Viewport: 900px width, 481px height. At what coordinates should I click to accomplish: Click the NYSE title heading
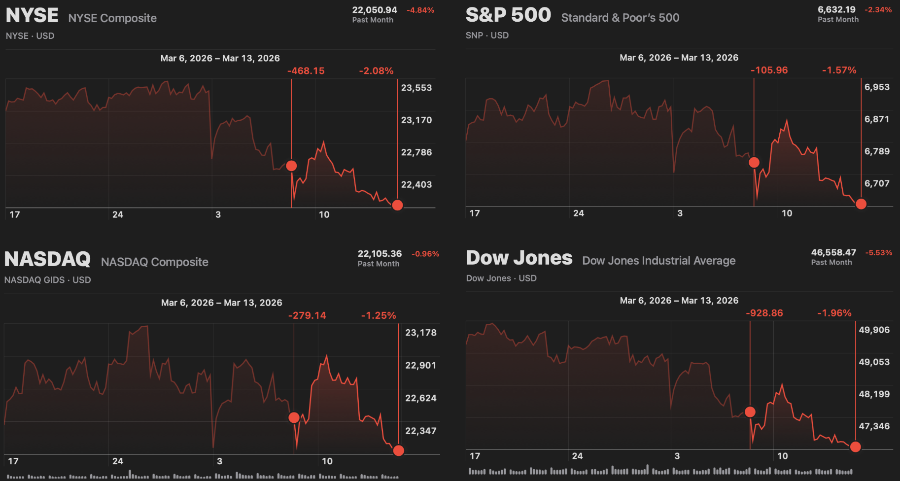pyautogui.click(x=32, y=16)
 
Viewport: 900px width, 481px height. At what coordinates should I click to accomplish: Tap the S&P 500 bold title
pyautogui.click(x=508, y=15)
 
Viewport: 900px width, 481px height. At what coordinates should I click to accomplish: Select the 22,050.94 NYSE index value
pyautogui.click(x=374, y=10)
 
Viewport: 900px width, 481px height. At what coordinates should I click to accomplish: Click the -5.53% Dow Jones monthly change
pyautogui.click(x=878, y=253)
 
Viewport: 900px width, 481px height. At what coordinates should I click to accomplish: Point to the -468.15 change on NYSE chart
pyautogui.click(x=306, y=71)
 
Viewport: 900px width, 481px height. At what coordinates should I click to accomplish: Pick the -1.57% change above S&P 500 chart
pyautogui.click(x=839, y=70)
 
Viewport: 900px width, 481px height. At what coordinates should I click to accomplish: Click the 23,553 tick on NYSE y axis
pyautogui.click(x=416, y=88)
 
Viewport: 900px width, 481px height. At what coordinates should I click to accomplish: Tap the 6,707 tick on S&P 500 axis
pyautogui.click(x=877, y=183)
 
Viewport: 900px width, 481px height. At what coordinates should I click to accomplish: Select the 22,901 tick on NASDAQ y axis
pyautogui.click(x=420, y=365)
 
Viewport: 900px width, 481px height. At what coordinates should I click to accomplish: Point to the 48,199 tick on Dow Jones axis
pyautogui.click(x=874, y=394)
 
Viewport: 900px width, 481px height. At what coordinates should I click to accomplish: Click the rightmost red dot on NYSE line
pyautogui.click(x=397, y=205)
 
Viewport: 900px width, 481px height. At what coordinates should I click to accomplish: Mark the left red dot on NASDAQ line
pyautogui.click(x=294, y=417)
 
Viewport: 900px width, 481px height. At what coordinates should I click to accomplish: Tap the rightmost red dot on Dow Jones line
pyautogui.click(x=856, y=447)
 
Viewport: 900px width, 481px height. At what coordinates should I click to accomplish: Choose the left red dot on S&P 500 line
pyautogui.click(x=754, y=162)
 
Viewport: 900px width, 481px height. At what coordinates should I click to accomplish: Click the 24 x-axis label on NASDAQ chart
pyautogui.click(x=118, y=461)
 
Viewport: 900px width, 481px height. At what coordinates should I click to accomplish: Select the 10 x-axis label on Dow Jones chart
pyautogui.click(x=783, y=456)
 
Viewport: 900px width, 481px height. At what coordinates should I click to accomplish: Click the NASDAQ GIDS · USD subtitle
pyautogui.click(x=47, y=280)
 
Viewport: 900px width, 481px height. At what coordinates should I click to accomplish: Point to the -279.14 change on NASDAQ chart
pyautogui.click(x=307, y=315)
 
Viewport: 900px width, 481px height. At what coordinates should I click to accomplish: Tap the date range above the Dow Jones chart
pyautogui.click(x=679, y=301)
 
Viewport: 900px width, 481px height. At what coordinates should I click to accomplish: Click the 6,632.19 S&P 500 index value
pyautogui.click(x=836, y=9)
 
